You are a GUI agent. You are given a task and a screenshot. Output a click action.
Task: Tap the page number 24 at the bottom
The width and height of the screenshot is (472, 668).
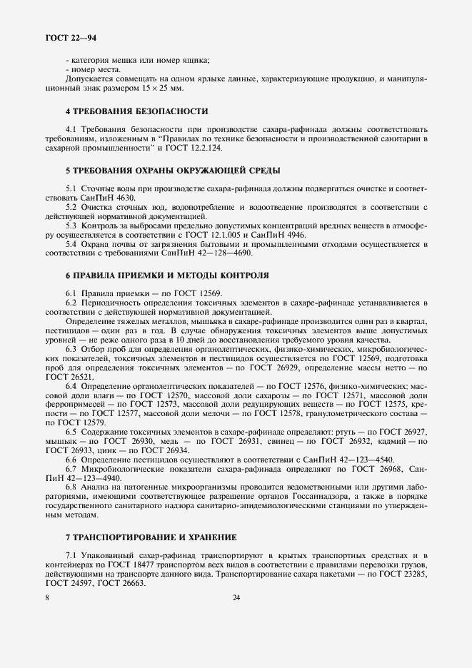coord(236,598)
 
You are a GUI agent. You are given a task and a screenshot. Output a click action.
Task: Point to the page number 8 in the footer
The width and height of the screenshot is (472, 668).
coord(47,598)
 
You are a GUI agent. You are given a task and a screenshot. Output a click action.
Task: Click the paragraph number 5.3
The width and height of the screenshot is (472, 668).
coord(72,224)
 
